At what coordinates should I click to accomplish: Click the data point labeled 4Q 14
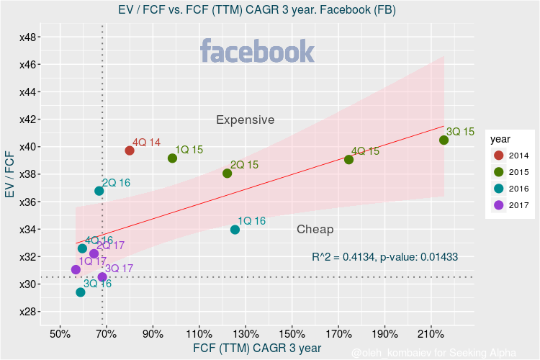coord(130,150)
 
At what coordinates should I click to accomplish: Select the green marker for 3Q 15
coord(444,140)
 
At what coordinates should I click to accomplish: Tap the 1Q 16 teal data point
coord(235,230)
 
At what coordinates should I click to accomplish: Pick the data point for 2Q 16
coord(99,191)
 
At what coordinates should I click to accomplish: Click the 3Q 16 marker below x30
coord(80,292)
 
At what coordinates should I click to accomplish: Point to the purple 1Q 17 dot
coord(76,270)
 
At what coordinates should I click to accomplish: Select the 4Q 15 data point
coord(348,160)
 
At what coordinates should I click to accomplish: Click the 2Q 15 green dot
coord(227,174)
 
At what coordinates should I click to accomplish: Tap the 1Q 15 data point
coord(172,158)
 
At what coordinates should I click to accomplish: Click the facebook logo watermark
coord(257,52)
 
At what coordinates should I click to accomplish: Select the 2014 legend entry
coord(510,155)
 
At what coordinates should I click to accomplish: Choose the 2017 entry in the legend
coord(510,204)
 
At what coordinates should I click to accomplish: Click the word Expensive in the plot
coord(245,120)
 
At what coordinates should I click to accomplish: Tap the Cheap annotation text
coord(315,229)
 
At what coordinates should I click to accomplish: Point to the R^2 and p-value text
coord(384,256)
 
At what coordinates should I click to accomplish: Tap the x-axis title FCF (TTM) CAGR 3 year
coord(257,348)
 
